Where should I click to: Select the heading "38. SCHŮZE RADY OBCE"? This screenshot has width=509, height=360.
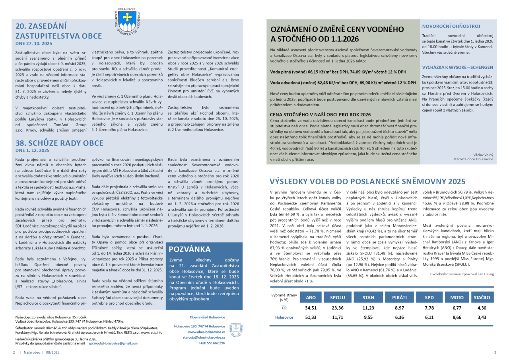pos(59,143)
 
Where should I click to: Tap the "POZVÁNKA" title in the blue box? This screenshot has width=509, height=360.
pos(190,249)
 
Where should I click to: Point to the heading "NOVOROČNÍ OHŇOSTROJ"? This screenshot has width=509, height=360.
pos(451,26)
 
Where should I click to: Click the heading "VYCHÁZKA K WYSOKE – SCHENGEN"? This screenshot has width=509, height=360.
pos(457,67)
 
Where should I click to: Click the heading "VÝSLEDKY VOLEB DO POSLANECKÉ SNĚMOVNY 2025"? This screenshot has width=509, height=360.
pos(367,181)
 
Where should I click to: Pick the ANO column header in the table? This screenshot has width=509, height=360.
pos(311,297)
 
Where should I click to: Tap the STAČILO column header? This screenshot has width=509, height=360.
pos(481,297)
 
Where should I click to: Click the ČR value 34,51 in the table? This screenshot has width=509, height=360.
pos(311,307)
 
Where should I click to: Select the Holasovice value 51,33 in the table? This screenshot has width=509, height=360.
pos(311,317)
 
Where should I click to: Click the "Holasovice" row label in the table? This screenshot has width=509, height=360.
pos(284,317)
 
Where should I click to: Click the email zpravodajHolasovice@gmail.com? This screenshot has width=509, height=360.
pos(113,343)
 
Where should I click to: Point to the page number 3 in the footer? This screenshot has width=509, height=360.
pos(495,352)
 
